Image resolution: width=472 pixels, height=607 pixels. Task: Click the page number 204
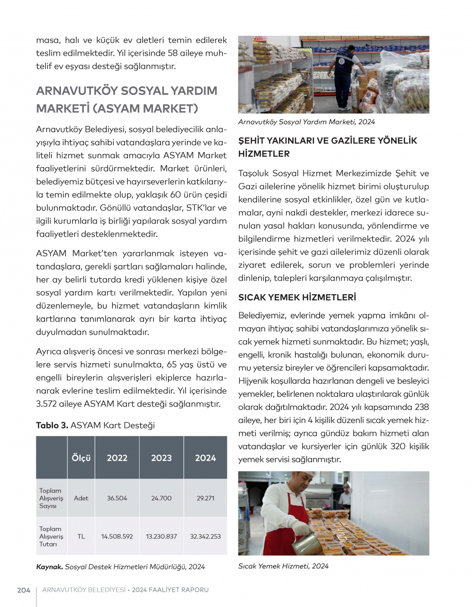click(x=24, y=590)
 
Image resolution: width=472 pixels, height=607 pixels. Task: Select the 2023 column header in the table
click(x=161, y=458)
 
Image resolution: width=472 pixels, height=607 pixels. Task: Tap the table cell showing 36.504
click(x=117, y=498)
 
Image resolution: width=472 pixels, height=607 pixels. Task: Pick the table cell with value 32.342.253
click(x=205, y=537)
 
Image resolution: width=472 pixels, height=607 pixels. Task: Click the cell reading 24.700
click(x=161, y=498)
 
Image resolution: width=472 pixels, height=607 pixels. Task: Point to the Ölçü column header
click(x=81, y=458)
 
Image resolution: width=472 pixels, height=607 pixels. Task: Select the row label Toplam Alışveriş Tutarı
click(x=51, y=537)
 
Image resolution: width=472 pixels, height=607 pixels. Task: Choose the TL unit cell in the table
click(x=81, y=537)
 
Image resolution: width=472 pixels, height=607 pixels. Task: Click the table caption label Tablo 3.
click(x=52, y=426)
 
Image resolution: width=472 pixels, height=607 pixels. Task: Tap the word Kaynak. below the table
click(x=50, y=567)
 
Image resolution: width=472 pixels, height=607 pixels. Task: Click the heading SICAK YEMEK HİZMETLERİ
click(x=297, y=298)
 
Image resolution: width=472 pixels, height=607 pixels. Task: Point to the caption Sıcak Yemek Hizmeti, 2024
click(x=283, y=566)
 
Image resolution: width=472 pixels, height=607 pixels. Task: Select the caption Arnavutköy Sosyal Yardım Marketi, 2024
click(x=306, y=122)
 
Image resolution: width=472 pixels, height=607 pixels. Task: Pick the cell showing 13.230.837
click(x=161, y=537)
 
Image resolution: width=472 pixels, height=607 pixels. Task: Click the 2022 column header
click(x=117, y=458)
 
